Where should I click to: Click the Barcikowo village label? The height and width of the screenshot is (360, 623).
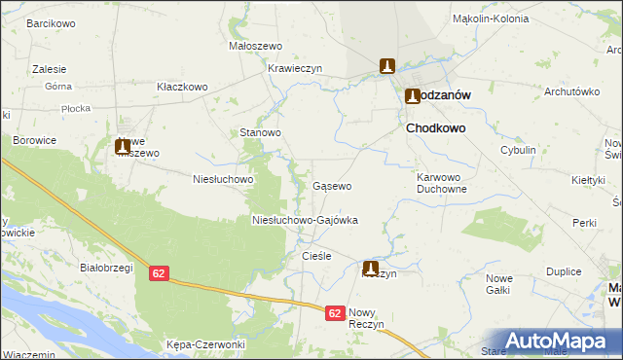pos(52,21)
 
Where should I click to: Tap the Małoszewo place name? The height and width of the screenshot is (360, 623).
pos(254,46)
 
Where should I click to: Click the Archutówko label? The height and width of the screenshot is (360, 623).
pos(569,91)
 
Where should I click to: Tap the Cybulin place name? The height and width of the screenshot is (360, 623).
pos(518,150)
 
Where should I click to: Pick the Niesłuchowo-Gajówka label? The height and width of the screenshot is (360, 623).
pos(305,221)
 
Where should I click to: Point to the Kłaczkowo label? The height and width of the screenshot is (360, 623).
pos(183,87)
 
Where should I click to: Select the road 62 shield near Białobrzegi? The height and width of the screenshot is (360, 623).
pos(161,274)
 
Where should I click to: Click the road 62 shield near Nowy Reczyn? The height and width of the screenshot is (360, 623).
pos(335,313)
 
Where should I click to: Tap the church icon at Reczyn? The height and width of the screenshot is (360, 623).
pos(371,267)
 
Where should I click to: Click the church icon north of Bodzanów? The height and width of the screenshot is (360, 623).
pos(386,65)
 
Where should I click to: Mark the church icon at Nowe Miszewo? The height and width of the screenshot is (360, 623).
pos(123,147)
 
